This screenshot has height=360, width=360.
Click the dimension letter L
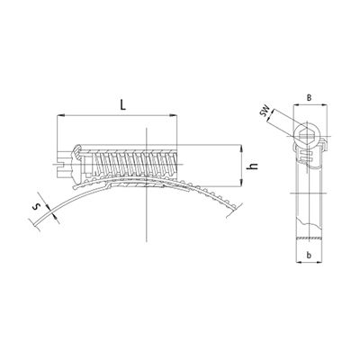122,104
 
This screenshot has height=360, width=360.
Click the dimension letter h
254,166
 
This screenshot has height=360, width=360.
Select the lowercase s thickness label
37,206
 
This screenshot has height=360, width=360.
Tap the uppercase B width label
310,97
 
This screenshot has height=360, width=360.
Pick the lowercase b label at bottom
309,255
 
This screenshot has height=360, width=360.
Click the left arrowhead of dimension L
60,115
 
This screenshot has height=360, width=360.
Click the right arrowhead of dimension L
174,115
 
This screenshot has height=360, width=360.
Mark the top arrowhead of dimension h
241,148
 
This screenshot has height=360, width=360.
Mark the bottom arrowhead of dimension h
241,182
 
